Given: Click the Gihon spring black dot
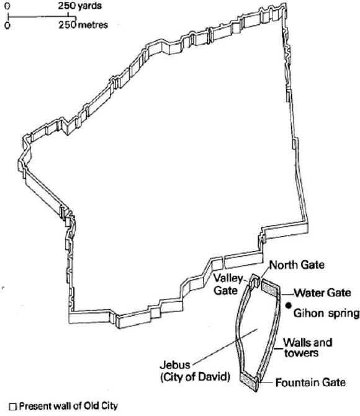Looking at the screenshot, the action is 289,306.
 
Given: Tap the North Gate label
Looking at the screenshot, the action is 297,265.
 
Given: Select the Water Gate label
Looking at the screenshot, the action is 323,293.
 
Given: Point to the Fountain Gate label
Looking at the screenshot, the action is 310,383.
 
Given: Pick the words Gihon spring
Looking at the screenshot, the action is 326,313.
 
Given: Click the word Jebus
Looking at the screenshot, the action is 175,365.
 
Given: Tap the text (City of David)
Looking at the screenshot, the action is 196,377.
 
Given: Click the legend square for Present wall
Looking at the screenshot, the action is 13,407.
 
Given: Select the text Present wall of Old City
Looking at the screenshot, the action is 68,406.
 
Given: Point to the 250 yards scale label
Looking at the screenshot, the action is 79,6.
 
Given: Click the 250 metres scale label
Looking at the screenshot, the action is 83,25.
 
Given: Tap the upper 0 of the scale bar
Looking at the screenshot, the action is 7,6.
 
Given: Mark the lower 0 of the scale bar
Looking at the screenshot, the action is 7,25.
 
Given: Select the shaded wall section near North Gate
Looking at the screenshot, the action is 271,288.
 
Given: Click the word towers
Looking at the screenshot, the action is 301,353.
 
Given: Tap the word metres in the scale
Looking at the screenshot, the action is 93,25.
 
